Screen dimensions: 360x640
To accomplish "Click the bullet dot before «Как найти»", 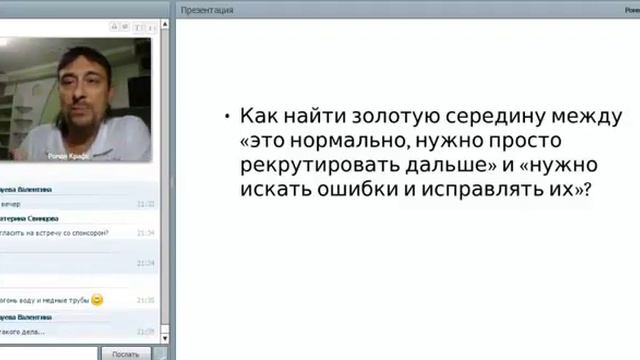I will tap(228, 117).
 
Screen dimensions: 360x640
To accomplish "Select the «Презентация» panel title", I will tap(208, 10).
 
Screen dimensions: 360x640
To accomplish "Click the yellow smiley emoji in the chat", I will tap(97, 299).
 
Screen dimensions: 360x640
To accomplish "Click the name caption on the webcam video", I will tap(70, 156).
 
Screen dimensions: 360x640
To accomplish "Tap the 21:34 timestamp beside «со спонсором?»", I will tap(146, 232).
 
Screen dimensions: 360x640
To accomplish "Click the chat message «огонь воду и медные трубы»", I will tap(45, 300).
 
